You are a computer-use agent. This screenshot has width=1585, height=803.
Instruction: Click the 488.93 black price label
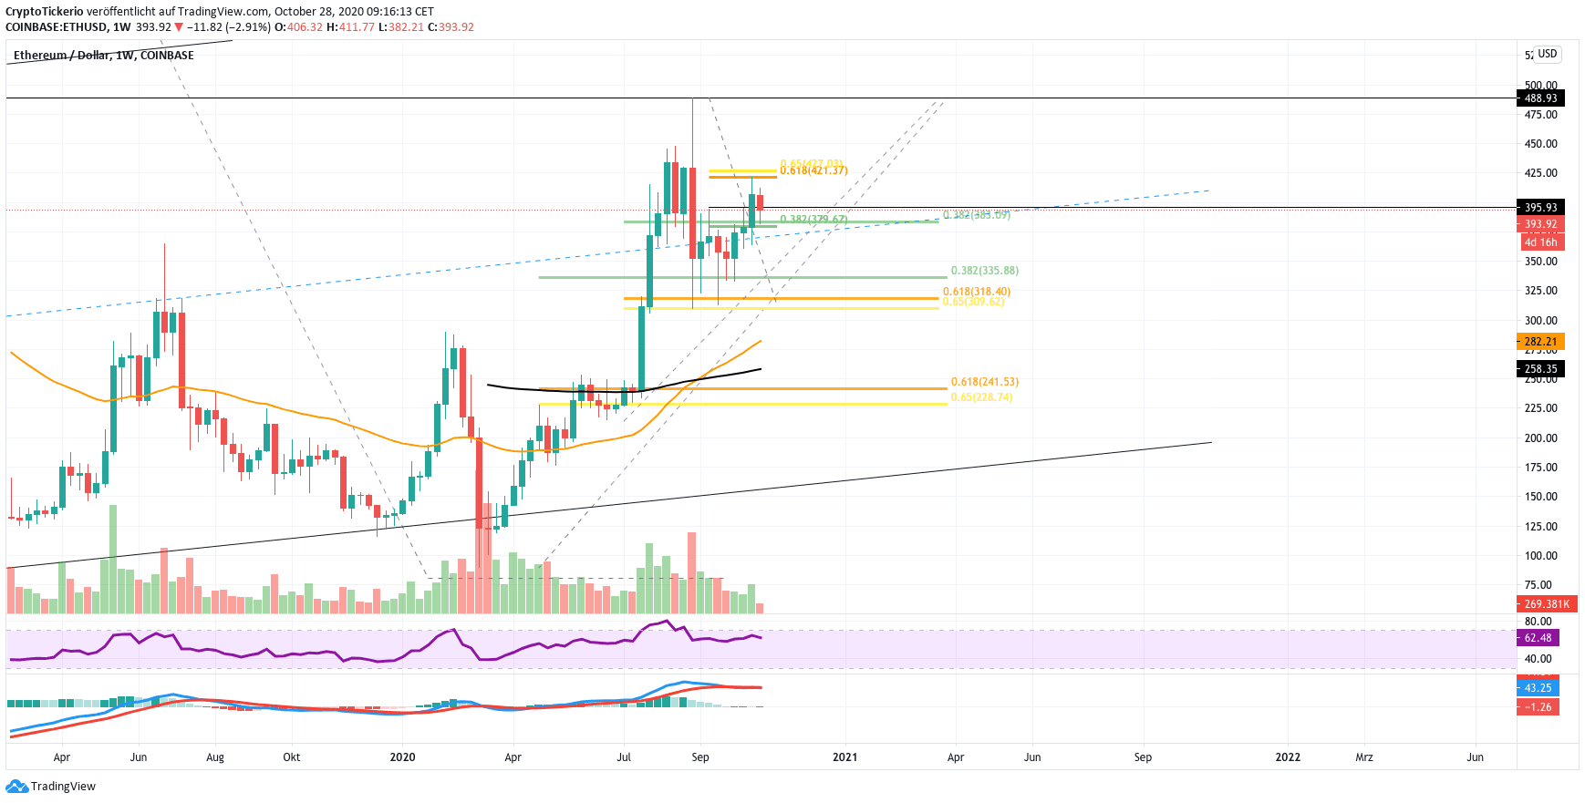click(1540, 98)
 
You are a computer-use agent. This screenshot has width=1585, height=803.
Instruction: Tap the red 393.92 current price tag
click(1540, 224)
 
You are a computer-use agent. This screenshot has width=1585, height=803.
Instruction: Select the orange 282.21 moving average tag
click(1540, 342)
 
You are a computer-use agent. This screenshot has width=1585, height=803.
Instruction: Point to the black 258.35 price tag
click(1540, 369)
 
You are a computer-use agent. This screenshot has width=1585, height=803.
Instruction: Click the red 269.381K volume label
click(1547, 604)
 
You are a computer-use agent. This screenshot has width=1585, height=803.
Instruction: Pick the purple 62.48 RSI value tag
click(1538, 638)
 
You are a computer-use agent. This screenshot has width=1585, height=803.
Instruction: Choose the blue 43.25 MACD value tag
click(1538, 688)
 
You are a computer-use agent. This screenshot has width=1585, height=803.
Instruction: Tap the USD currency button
click(1547, 54)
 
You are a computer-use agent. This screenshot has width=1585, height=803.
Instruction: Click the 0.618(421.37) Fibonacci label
click(813, 170)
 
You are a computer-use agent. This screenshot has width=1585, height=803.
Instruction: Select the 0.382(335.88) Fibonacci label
click(984, 271)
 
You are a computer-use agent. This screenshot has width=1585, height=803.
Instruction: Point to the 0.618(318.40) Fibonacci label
click(976, 292)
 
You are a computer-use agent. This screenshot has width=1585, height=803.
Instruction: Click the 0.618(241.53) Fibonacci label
click(984, 382)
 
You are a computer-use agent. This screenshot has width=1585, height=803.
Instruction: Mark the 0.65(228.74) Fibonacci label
click(981, 397)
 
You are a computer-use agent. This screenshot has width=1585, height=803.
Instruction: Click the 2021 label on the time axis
click(844, 757)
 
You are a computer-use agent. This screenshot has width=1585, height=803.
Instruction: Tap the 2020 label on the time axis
click(402, 757)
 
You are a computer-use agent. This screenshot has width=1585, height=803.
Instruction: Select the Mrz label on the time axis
click(1363, 757)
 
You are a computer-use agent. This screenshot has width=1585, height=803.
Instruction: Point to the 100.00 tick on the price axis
click(1540, 556)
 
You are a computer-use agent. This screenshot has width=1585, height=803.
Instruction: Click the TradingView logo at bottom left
click(51, 787)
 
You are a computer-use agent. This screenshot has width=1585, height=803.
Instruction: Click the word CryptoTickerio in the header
click(44, 12)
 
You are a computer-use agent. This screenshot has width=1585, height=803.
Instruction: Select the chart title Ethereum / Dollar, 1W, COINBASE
click(103, 56)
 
